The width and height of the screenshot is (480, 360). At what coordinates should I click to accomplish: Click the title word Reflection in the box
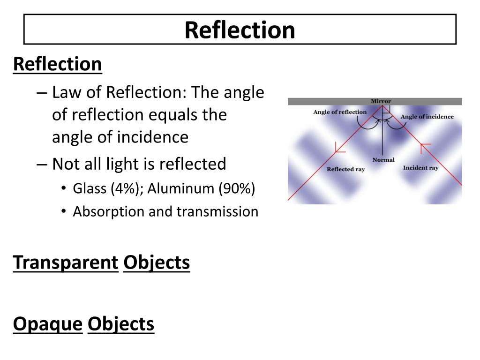pyautogui.click(x=240, y=30)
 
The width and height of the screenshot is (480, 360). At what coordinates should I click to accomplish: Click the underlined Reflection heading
pyautogui.click(x=57, y=64)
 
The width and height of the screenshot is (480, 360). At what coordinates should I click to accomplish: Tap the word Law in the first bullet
pyautogui.click(x=65, y=92)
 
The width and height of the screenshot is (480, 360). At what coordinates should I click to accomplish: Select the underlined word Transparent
pyautogui.click(x=65, y=262)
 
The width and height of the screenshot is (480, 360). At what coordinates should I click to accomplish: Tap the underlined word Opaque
pyautogui.click(x=48, y=324)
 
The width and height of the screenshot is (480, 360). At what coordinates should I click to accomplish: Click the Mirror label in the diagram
pyautogui.click(x=381, y=101)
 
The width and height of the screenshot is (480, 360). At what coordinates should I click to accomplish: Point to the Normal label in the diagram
pyautogui.click(x=383, y=160)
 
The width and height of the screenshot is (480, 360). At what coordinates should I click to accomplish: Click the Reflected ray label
pyautogui.click(x=345, y=169)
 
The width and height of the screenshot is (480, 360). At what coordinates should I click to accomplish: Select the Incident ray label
pyautogui.click(x=421, y=167)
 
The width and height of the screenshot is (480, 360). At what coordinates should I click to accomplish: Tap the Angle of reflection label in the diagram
pyautogui.click(x=340, y=112)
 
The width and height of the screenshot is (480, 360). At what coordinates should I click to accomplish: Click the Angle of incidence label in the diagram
pyautogui.click(x=427, y=117)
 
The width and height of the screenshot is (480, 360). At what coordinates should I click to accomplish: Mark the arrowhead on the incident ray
pyautogui.click(x=425, y=148)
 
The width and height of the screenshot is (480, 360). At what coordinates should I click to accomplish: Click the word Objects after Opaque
pyautogui.click(x=121, y=324)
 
